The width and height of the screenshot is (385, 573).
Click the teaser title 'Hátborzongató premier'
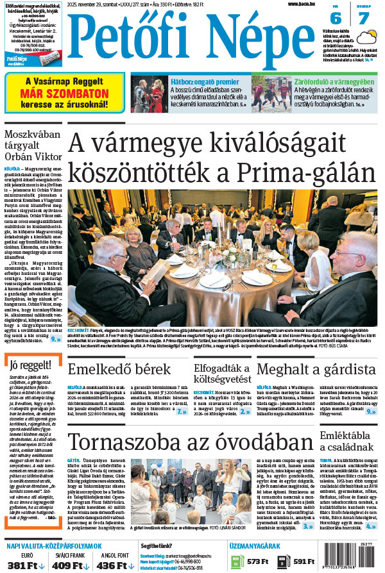pyautogui.click(x=200, y=81)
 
